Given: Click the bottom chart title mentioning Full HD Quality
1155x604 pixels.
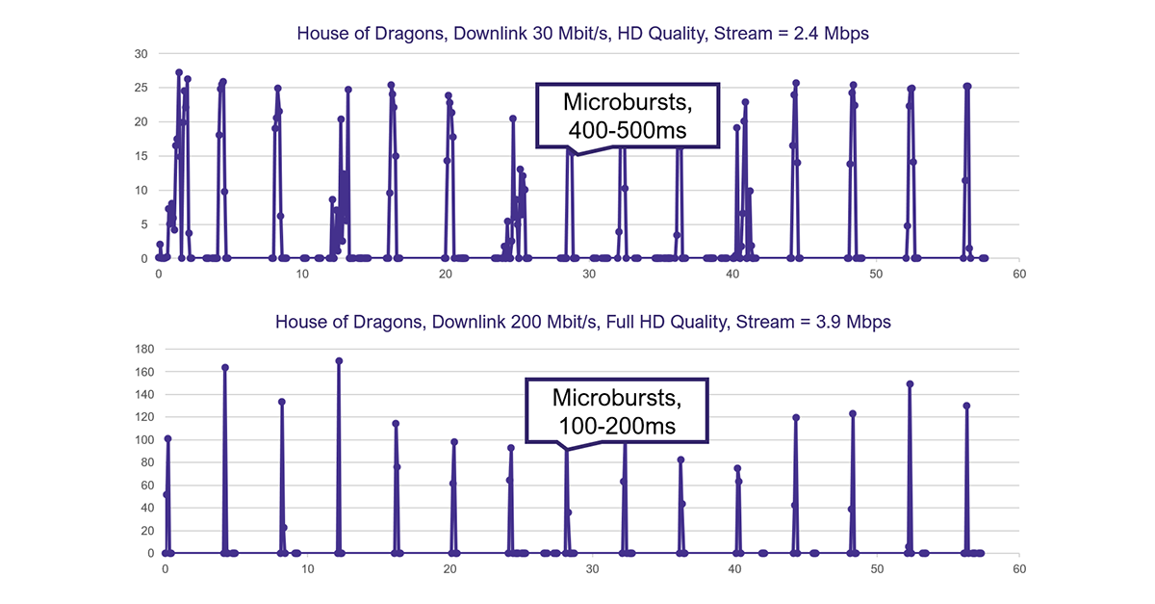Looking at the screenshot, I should click(583, 322).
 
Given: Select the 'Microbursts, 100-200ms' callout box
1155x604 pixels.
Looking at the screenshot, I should click(615, 410).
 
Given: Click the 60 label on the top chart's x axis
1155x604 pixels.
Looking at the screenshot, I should click(1019, 275).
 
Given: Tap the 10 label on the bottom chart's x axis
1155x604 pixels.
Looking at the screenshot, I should click(307, 569).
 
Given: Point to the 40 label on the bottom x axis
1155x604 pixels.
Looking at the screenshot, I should click(734, 569).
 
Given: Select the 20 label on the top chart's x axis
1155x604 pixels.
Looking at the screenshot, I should click(446, 275).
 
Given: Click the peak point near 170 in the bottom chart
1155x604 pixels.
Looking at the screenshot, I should click(339, 361).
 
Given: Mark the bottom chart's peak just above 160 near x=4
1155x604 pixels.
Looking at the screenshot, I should click(225, 368).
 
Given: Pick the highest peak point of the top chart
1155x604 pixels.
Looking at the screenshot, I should click(179, 72).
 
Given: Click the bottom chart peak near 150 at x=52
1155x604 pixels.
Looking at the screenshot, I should click(910, 383).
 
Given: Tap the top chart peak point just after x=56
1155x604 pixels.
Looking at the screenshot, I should click(967, 87).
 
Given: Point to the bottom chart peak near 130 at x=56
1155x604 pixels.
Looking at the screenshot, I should click(966, 406).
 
